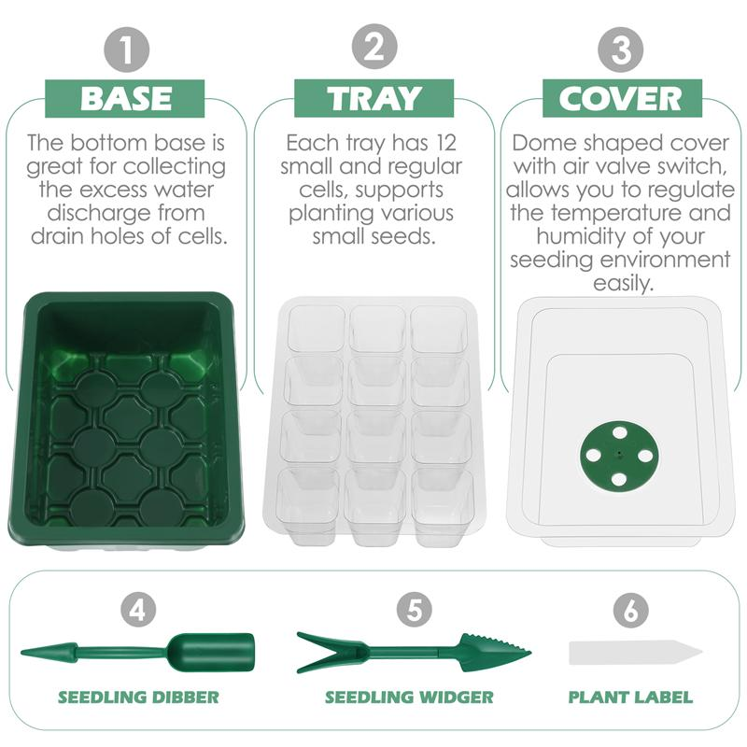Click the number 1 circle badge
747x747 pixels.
pyautogui.click(x=127, y=48)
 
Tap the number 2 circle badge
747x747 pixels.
pyautogui.click(x=373, y=48)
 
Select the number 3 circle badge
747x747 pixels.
pyautogui.click(x=621, y=48)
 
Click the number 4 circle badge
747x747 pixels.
pyautogui.click(x=138, y=611)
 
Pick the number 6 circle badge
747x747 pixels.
pyautogui.click(x=631, y=611)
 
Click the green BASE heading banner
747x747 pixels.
pyautogui.click(x=127, y=98)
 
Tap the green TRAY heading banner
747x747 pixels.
pyautogui.click(x=373, y=98)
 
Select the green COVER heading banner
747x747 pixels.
pyautogui.click(x=621, y=98)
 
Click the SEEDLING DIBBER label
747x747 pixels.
pyautogui.click(x=138, y=697)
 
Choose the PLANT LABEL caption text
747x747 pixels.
pyautogui.click(x=631, y=697)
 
